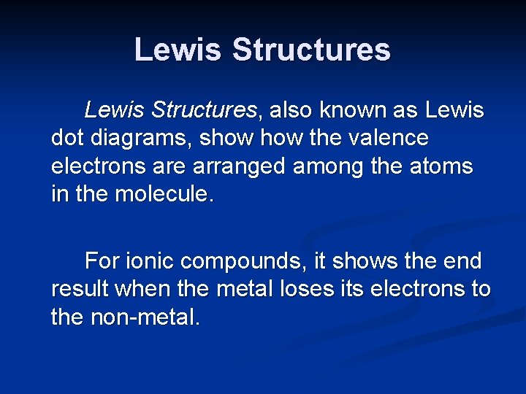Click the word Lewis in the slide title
tap(178, 50)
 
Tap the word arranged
tap(229, 166)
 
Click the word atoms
tap(441, 166)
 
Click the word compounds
tap(242, 260)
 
